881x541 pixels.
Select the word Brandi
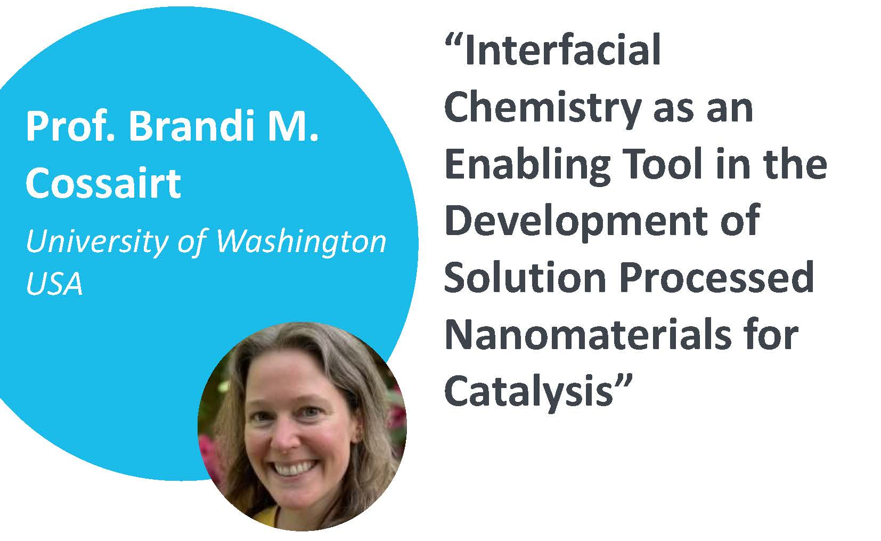pyautogui.click(x=192, y=125)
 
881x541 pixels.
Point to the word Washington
pyautogui.click(x=301, y=241)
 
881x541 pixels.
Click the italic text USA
pyautogui.click(x=54, y=283)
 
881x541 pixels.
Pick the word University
pyautogui.click(x=97, y=243)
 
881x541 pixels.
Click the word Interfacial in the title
pyautogui.click(x=562, y=50)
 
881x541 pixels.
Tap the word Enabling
pyautogui.click(x=527, y=165)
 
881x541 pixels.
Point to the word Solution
pyautogui.click(x=525, y=277)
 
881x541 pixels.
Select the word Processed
pyautogui.click(x=716, y=277)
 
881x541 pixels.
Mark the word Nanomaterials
pyautogui.click(x=588, y=335)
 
